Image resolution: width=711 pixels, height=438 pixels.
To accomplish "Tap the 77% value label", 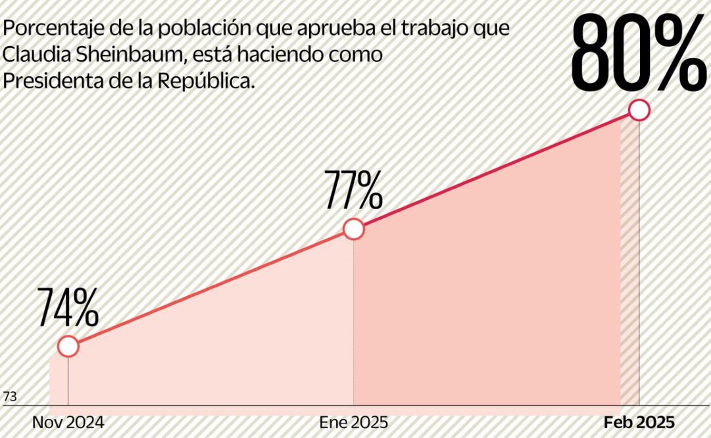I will click(x=353, y=189).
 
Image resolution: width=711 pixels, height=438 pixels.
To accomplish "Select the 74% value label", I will click(x=67, y=307).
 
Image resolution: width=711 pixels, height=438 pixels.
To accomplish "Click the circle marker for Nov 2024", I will click(x=68, y=347).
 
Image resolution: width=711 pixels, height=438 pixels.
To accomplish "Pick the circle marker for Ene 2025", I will click(x=354, y=229).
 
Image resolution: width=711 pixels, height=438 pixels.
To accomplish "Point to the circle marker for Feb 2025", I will click(x=639, y=110).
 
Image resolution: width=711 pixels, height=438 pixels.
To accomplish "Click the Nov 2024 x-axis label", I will click(x=68, y=422).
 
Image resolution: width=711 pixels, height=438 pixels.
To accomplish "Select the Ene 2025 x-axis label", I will click(x=354, y=422).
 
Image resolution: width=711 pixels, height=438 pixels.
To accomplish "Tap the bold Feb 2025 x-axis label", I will click(x=639, y=422).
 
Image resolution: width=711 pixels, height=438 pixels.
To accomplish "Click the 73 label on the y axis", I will click(x=10, y=397).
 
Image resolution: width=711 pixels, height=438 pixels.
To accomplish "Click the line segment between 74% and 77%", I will click(x=210, y=288).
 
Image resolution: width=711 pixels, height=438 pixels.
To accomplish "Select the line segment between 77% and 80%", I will click(x=497, y=170).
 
